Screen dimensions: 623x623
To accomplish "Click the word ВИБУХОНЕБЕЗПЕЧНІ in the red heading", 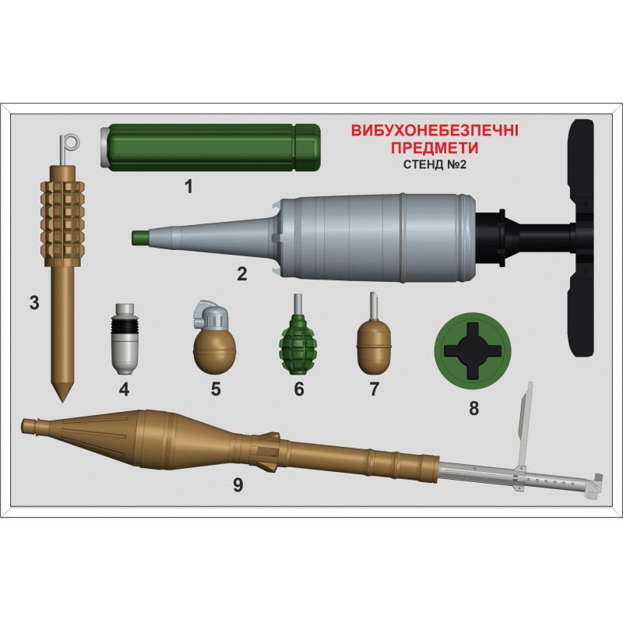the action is (x=435, y=131).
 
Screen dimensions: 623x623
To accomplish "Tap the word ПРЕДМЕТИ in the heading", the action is (x=435, y=148).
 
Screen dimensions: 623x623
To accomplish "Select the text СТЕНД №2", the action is (x=435, y=164).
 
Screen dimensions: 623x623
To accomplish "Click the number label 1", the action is (x=188, y=186).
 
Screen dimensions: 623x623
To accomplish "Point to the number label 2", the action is (x=241, y=274).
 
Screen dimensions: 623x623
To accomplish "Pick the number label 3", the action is (x=34, y=303).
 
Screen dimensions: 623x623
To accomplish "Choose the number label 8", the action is (x=473, y=408).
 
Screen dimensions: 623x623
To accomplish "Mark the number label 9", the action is (x=238, y=484).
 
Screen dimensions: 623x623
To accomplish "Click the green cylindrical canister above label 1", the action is (x=209, y=147).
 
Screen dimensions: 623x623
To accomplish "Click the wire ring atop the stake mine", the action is (x=71, y=143).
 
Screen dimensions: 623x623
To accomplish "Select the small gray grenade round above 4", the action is (x=124, y=339).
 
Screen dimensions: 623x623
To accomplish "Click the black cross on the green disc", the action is (x=473, y=350).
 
